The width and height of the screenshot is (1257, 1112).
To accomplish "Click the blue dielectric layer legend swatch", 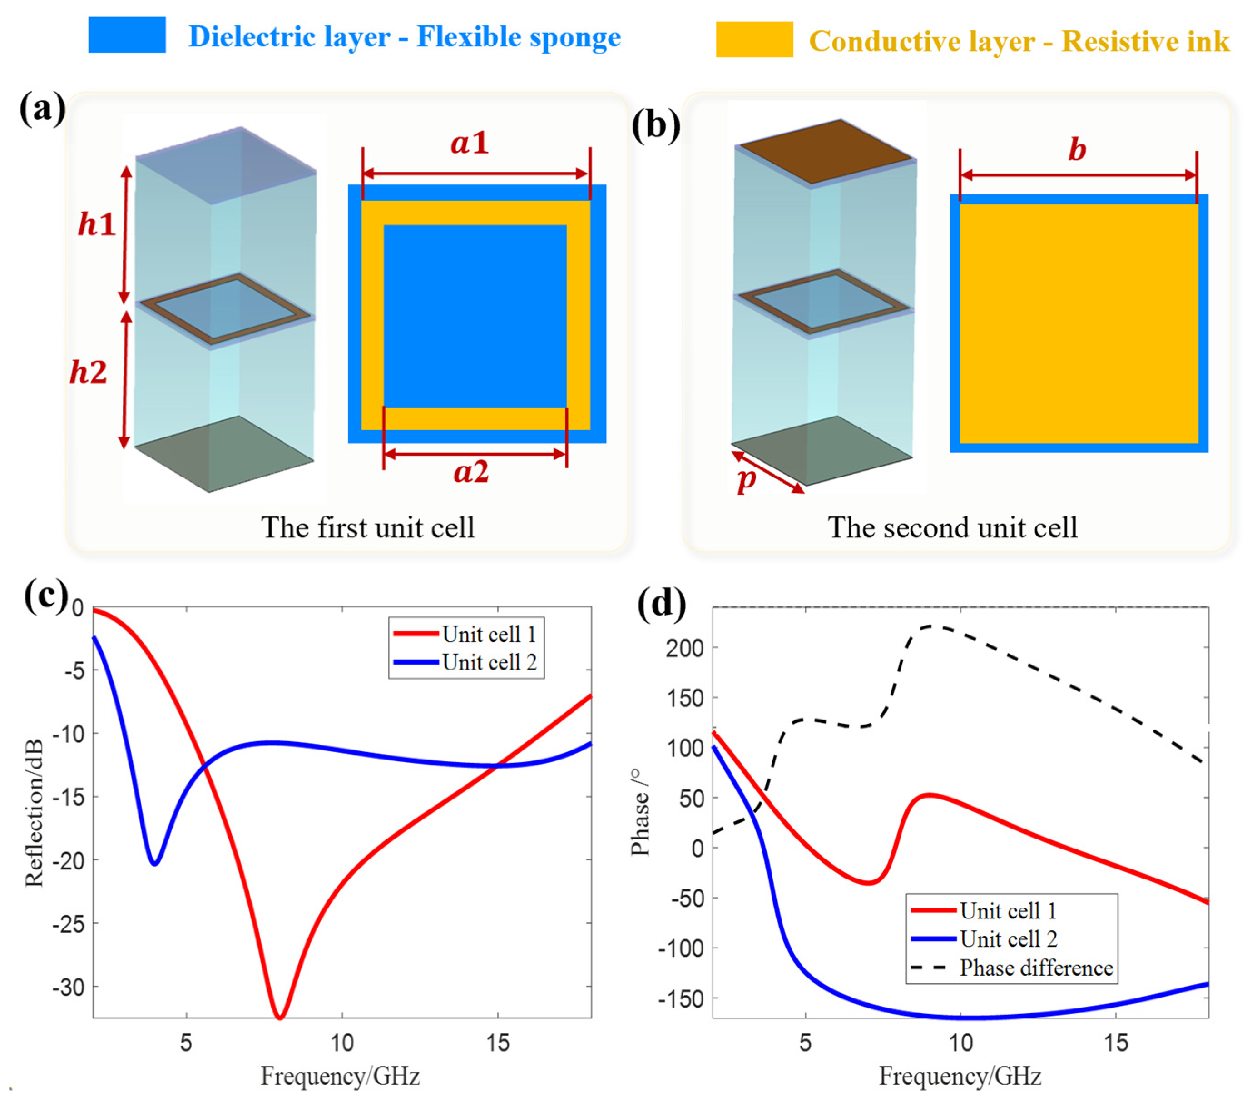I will (127, 35).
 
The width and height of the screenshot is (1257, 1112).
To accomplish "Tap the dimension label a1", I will (470, 143).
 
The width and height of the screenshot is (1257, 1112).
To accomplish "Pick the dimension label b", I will (1077, 149).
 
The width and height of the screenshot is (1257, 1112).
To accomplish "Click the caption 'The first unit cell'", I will (368, 528).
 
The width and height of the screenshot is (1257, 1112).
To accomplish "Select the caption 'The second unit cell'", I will (952, 528).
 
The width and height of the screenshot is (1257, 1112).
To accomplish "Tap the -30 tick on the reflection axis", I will (68, 988).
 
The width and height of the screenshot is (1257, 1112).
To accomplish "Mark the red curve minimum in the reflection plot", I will (280, 1017).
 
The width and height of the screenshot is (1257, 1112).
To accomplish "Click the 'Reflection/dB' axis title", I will (35, 813).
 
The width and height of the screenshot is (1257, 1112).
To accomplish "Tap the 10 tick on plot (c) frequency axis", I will (342, 1043).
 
